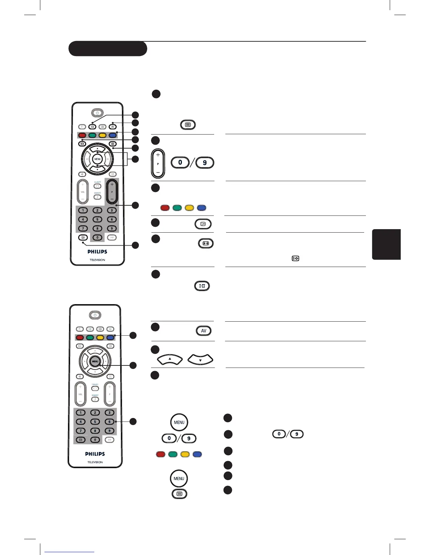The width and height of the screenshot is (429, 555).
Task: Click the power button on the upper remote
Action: click(97, 112)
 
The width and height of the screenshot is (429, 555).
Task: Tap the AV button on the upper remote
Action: click(113, 127)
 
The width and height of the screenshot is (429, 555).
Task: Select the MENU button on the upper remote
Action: click(97, 159)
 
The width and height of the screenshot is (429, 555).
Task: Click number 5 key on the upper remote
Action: click(97, 219)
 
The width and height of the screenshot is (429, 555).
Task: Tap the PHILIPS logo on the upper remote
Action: click(97, 252)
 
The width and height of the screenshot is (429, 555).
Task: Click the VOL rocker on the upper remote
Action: click(83, 192)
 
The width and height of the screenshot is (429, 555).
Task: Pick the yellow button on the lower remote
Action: click(100, 338)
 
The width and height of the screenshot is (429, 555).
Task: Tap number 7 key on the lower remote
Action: click(81, 431)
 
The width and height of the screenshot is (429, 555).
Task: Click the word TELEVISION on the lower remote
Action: click(95, 462)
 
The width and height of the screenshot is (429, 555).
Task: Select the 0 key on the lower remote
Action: click(95, 440)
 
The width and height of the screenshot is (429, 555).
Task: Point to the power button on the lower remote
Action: click(95, 315)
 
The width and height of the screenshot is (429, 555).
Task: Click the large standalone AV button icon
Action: click(204, 331)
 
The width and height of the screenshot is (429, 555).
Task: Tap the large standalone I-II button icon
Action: click(202, 286)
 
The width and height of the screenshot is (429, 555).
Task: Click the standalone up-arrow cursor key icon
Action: click(170, 359)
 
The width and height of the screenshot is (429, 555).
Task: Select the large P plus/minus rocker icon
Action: click(158, 164)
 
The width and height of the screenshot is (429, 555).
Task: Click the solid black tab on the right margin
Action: click(386, 244)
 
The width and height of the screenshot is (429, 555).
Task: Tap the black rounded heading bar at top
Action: click(108, 49)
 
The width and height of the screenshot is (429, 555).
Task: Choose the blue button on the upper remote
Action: click(113, 135)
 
